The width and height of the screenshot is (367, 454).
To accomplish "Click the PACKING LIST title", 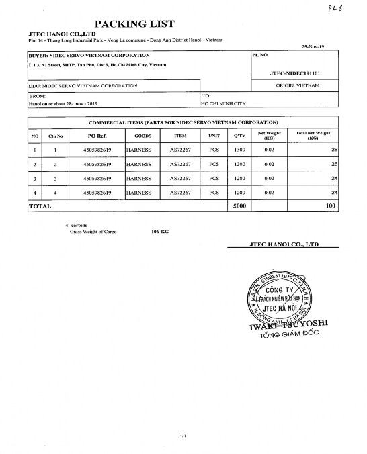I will coord(135,24).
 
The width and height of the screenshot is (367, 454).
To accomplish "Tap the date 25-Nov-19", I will coord(314,48).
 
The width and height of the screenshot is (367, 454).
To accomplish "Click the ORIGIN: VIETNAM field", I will coord(297,86).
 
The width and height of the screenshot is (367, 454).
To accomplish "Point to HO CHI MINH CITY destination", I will coord(225,104).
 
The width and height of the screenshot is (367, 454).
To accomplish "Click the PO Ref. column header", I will coord(97,136).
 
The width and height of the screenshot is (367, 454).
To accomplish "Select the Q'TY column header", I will coord(239,136).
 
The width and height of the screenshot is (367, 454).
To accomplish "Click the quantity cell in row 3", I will coord(239,179).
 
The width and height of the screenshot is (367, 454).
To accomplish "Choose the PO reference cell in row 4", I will coord(97,193).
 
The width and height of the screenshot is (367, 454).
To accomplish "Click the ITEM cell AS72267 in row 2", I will coord(181,164).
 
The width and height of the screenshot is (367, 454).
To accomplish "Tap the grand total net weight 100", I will coord(330,206).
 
